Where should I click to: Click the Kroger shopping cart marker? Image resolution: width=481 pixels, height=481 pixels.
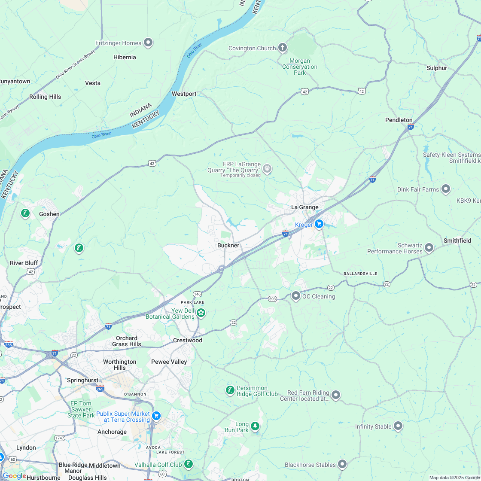coord(319,224)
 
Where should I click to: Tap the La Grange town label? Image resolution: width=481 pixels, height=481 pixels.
coord(304,207)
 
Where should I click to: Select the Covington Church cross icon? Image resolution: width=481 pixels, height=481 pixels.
coord(282,47)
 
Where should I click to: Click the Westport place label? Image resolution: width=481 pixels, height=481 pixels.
coord(184,94)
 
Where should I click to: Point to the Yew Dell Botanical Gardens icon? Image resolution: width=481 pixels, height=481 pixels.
coord(201,313)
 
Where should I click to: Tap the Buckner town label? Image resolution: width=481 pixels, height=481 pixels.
coord(228,245)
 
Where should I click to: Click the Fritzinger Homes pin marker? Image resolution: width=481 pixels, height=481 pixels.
coord(148,43)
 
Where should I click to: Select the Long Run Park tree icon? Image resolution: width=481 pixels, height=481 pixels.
coord(256,426)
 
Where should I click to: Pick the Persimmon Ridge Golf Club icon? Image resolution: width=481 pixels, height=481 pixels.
coord(230,390)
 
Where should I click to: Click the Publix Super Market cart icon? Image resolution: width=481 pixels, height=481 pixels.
coord(156,415)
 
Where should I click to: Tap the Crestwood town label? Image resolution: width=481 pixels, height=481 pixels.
coord(187,340)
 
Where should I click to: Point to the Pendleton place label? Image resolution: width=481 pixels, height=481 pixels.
coord(399,120)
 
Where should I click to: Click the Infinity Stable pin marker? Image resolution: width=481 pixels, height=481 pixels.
coord(398,426)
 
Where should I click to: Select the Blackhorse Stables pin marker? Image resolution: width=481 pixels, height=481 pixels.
coord(342,464)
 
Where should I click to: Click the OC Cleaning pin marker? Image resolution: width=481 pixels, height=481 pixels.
coord(295,295)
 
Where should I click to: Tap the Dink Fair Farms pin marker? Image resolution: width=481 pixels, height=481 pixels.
coord(446,189)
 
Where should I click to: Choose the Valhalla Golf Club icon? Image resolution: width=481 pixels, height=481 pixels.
coord(188,464)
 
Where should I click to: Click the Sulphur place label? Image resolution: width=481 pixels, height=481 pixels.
coord(436,68)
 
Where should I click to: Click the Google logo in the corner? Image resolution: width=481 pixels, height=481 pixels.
coord(14,475)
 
